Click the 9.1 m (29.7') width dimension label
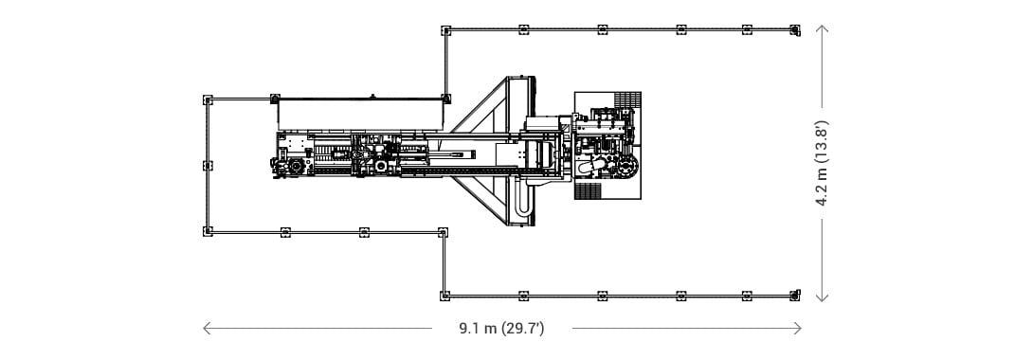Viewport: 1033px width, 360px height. [501, 329]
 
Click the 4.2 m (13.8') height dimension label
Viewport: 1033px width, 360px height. [823, 163]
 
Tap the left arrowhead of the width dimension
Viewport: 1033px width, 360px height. [207, 328]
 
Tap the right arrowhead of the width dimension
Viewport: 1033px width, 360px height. [798, 328]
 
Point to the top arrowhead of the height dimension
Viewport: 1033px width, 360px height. [823, 28]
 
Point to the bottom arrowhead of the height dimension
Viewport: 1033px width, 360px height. [823, 297]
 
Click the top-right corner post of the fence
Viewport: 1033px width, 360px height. [795, 29]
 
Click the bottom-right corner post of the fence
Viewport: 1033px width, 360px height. [795, 296]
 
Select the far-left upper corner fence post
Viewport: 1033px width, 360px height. [208, 100]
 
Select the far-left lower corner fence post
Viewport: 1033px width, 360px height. [208, 231]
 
